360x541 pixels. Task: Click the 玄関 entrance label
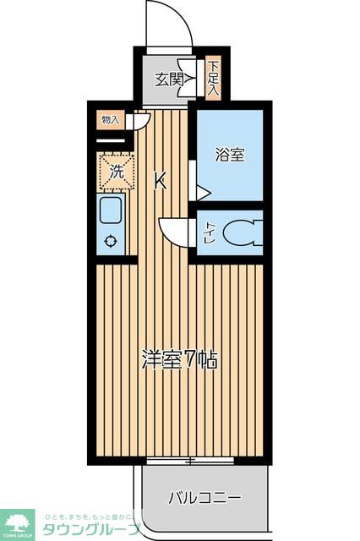coord(169,80)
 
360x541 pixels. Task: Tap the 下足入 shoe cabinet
coord(214,78)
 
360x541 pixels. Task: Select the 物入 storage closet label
coord(111,119)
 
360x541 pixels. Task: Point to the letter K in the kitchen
coord(159,180)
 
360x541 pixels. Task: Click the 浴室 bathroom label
coord(229,156)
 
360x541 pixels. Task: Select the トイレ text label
coord(210,232)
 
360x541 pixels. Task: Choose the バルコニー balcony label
coord(204,497)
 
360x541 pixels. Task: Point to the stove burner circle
coord(111,241)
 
